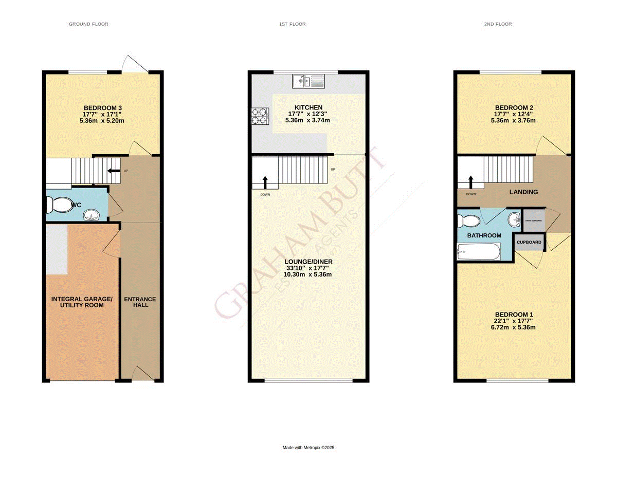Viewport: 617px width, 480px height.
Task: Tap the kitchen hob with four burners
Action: point(259,116)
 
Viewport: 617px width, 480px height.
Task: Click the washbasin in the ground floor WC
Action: point(92,214)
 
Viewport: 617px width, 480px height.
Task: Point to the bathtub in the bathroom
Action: point(478,252)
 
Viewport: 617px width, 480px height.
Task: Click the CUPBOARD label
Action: point(529,242)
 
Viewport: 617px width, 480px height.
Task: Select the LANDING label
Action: point(523,192)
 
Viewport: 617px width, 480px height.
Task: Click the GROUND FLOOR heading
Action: point(88,24)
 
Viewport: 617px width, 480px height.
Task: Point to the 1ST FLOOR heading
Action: point(293,24)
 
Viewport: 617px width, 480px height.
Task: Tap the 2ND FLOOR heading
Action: point(497,24)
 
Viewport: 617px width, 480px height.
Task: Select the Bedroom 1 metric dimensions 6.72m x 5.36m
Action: point(514,327)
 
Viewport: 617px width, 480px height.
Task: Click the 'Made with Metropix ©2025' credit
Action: point(308,448)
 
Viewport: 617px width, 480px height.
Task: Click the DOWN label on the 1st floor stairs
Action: point(265,195)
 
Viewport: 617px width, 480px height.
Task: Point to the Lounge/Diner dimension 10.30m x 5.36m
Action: point(308,274)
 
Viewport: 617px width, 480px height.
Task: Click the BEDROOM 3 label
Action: point(103,107)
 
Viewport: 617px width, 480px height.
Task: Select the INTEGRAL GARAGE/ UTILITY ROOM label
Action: point(82,302)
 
